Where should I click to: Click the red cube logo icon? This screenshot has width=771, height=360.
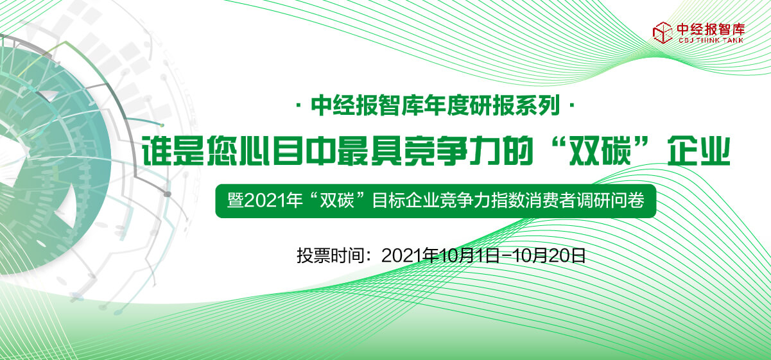pyautogui.click(x=663, y=33)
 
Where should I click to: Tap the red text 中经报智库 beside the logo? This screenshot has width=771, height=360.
pyautogui.click(x=711, y=30)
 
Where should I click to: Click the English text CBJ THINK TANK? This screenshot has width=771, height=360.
pyautogui.click(x=711, y=40)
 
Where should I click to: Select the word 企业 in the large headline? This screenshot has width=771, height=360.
pyautogui.click(x=699, y=151)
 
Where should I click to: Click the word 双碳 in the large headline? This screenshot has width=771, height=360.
pyautogui.click(x=600, y=151)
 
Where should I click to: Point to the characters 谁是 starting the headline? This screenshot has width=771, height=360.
pyautogui.click(x=173, y=151)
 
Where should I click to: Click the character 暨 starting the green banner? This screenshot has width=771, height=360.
pyautogui.click(x=236, y=201)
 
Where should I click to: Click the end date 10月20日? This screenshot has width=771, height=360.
pyautogui.click(x=549, y=255)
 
